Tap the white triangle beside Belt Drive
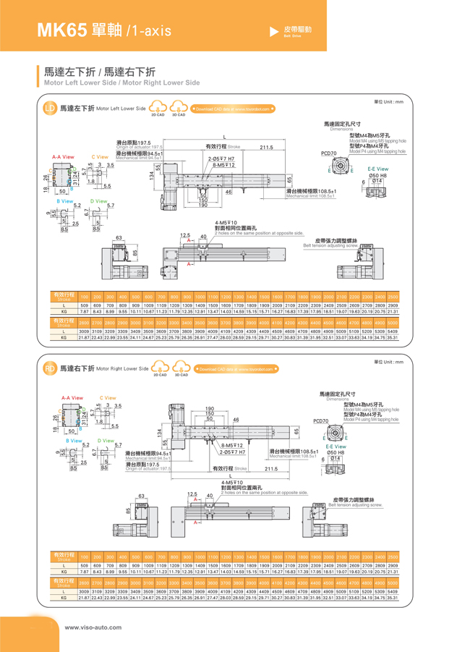(273, 31)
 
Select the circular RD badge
(50, 369)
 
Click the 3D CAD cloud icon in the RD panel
(178, 368)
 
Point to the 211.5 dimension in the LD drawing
(267, 148)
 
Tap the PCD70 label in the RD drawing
(321, 420)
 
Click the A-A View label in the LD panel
(63, 157)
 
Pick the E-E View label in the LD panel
(378, 169)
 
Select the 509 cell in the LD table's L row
(85, 305)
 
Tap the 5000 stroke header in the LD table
(393, 321)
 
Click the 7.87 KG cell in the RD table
(85, 572)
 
